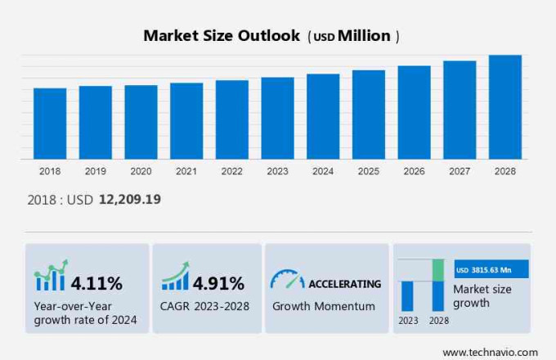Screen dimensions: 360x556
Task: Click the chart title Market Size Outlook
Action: [x=222, y=36]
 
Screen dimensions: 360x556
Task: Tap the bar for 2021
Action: [x=186, y=120]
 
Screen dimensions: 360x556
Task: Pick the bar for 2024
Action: [x=323, y=116]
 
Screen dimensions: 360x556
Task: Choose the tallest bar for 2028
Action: [x=505, y=106]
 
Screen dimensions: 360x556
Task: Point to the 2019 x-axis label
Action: [x=95, y=171]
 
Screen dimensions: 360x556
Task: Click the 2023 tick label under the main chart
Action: [x=277, y=171]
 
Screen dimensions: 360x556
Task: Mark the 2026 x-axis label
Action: [x=414, y=171]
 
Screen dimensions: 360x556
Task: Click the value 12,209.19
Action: [x=130, y=200]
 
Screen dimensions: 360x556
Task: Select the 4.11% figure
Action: [x=96, y=284]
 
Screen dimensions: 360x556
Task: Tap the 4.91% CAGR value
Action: [x=218, y=284]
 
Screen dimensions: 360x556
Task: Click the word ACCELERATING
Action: [x=344, y=284]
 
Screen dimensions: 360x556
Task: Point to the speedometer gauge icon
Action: [x=287, y=279]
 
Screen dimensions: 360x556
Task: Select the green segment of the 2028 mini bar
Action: [x=438, y=269]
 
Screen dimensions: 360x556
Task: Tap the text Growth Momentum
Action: [x=323, y=306]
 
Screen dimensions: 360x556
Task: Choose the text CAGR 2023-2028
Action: [x=205, y=306]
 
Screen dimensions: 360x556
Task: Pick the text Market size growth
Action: [x=482, y=296]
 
